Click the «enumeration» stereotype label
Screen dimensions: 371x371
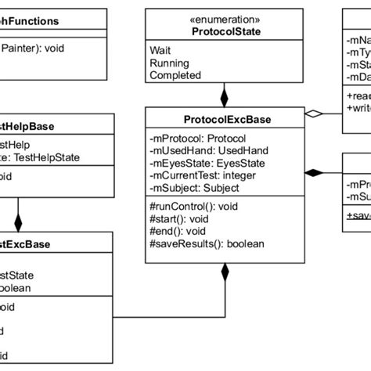pyautogui.click(x=225, y=18)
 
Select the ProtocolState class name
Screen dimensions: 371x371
pyautogui.click(x=225, y=31)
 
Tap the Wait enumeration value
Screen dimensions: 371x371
pyautogui.click(x=160, y=50)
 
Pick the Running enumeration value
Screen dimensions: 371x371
pyautogui.click(x=170, y=63)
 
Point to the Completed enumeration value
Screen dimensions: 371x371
pyautogui.click(x=175, y=75)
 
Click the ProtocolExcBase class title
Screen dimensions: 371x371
pyautogui.click(x=225, y=120)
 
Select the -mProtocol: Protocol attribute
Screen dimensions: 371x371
pyautogui.click(x=197, y=139)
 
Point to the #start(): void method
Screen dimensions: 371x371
pyautogui.click(x=176, y=220)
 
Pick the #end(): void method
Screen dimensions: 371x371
pyautogui.click(x=174, y=232)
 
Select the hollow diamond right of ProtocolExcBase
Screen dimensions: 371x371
pyautogui.click(x=313, y=114)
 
